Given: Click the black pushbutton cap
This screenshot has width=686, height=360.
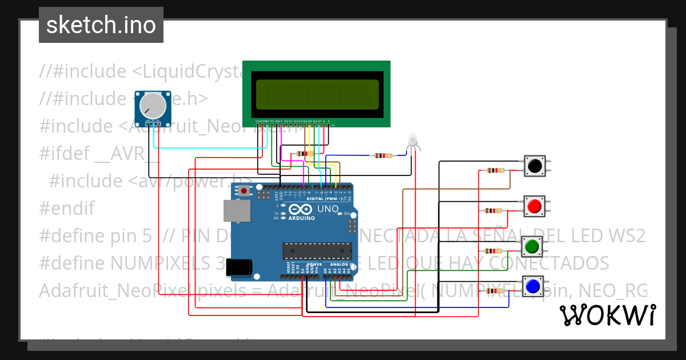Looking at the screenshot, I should pos(535,166).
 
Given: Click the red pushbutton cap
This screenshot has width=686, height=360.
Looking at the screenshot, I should pos(535,206).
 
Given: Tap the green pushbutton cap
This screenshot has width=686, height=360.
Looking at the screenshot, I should pos(532,246).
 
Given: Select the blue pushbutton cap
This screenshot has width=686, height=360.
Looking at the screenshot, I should pos(532,285).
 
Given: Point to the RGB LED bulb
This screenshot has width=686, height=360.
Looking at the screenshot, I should pos(413,139).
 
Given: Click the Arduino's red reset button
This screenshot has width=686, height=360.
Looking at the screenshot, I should pos(245,190).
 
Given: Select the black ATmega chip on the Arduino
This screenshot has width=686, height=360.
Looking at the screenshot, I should pos(317,250).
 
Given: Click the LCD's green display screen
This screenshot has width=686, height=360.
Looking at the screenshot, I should pos(317,94).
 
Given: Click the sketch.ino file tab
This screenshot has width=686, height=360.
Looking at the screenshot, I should pos(101,25).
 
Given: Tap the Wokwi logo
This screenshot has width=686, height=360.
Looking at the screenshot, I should pos(607,315).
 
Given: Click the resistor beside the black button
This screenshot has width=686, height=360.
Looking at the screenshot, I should pos(495,170).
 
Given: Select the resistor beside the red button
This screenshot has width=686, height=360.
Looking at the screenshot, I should pos(493,210).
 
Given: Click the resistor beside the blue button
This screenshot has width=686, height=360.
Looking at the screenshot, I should pos(494,291).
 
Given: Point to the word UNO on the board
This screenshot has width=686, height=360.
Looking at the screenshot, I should pos(328,209).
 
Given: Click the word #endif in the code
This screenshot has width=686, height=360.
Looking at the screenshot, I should pos(67,208).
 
